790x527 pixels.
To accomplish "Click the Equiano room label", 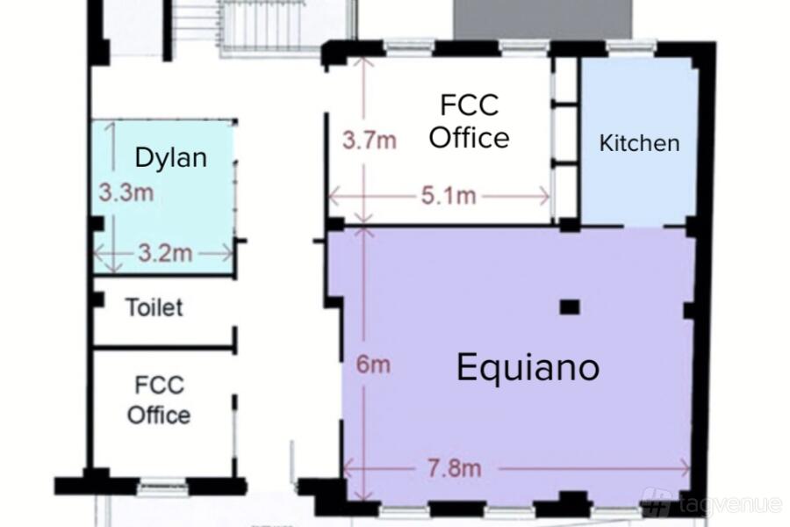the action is (x=528, y=368).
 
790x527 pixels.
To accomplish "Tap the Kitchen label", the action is (x=639, y=143).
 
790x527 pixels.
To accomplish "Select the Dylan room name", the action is (x=171, y=158).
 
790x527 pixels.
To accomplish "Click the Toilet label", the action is (x=154, y=307).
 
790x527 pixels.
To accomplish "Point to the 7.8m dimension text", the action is (x=455, y=468).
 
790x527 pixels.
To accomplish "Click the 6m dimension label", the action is (x=373, y=365).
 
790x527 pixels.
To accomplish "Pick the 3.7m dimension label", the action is (x=370, y=140).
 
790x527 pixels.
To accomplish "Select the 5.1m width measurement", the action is (x=449, y=196).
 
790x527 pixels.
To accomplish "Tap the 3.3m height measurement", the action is (x=126, y=192).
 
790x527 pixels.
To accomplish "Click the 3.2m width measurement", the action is (x=165, y=253).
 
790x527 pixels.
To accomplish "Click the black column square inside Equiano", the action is (x=570, y=307).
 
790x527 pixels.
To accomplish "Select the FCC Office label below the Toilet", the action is (x=159, y=400).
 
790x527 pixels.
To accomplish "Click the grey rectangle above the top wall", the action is (x=542, y=19).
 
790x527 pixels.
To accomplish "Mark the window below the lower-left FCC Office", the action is (x=162, y=487).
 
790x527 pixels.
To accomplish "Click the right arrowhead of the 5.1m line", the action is (x=546, y=196).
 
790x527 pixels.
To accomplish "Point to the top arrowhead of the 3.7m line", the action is (x=363, y=61).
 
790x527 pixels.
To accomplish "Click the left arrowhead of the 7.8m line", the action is (x=347, y=469).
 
